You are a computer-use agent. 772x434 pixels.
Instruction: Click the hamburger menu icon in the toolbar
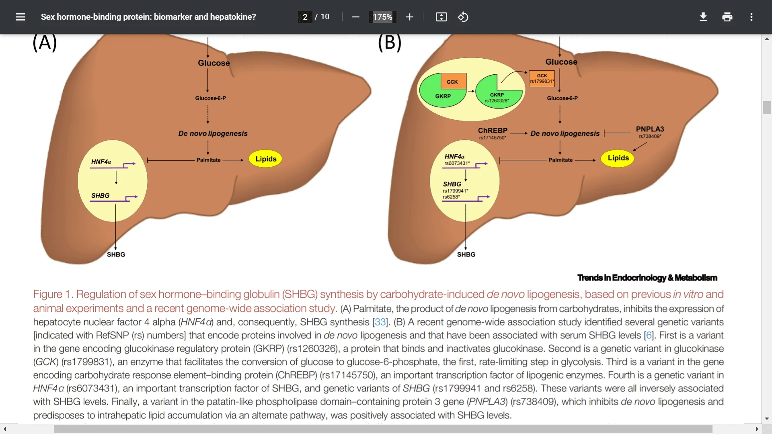21,17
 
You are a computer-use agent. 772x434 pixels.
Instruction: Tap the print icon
727,17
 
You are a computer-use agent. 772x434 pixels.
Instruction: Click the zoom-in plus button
409,17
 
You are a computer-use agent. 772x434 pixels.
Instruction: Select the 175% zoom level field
382,17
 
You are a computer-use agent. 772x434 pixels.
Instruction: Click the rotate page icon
463,17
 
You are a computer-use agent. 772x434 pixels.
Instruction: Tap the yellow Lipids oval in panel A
266,159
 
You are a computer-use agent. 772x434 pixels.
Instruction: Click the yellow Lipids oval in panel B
618,158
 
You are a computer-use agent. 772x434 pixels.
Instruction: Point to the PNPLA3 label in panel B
650,129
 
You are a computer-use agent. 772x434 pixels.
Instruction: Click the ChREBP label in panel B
493,131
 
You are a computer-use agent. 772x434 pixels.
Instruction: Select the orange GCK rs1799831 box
542,78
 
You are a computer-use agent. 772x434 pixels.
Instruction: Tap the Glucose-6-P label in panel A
210,98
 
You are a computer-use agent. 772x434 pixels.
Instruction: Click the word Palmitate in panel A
208,160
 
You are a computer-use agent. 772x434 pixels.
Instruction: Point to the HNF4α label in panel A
101,162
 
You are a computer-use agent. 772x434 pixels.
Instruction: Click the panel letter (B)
390,43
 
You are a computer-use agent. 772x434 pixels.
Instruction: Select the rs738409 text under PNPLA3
650,137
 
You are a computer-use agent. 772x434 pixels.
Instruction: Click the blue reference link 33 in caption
380,322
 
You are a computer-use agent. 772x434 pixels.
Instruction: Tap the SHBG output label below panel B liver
466,254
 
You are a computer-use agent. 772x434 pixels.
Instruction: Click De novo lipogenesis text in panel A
213,133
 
